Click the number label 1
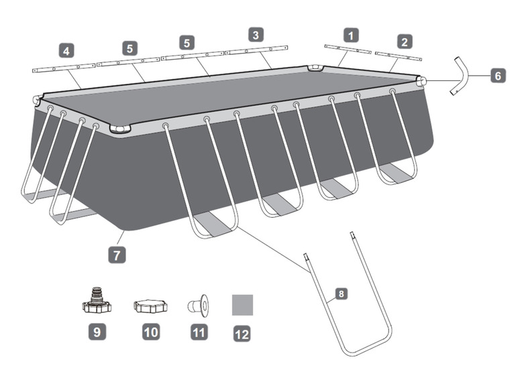(351, 34)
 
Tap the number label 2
(404, 42)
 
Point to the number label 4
(66, 50)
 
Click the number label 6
(497, 76)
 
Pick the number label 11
(198, 331)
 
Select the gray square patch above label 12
(242, 305)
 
